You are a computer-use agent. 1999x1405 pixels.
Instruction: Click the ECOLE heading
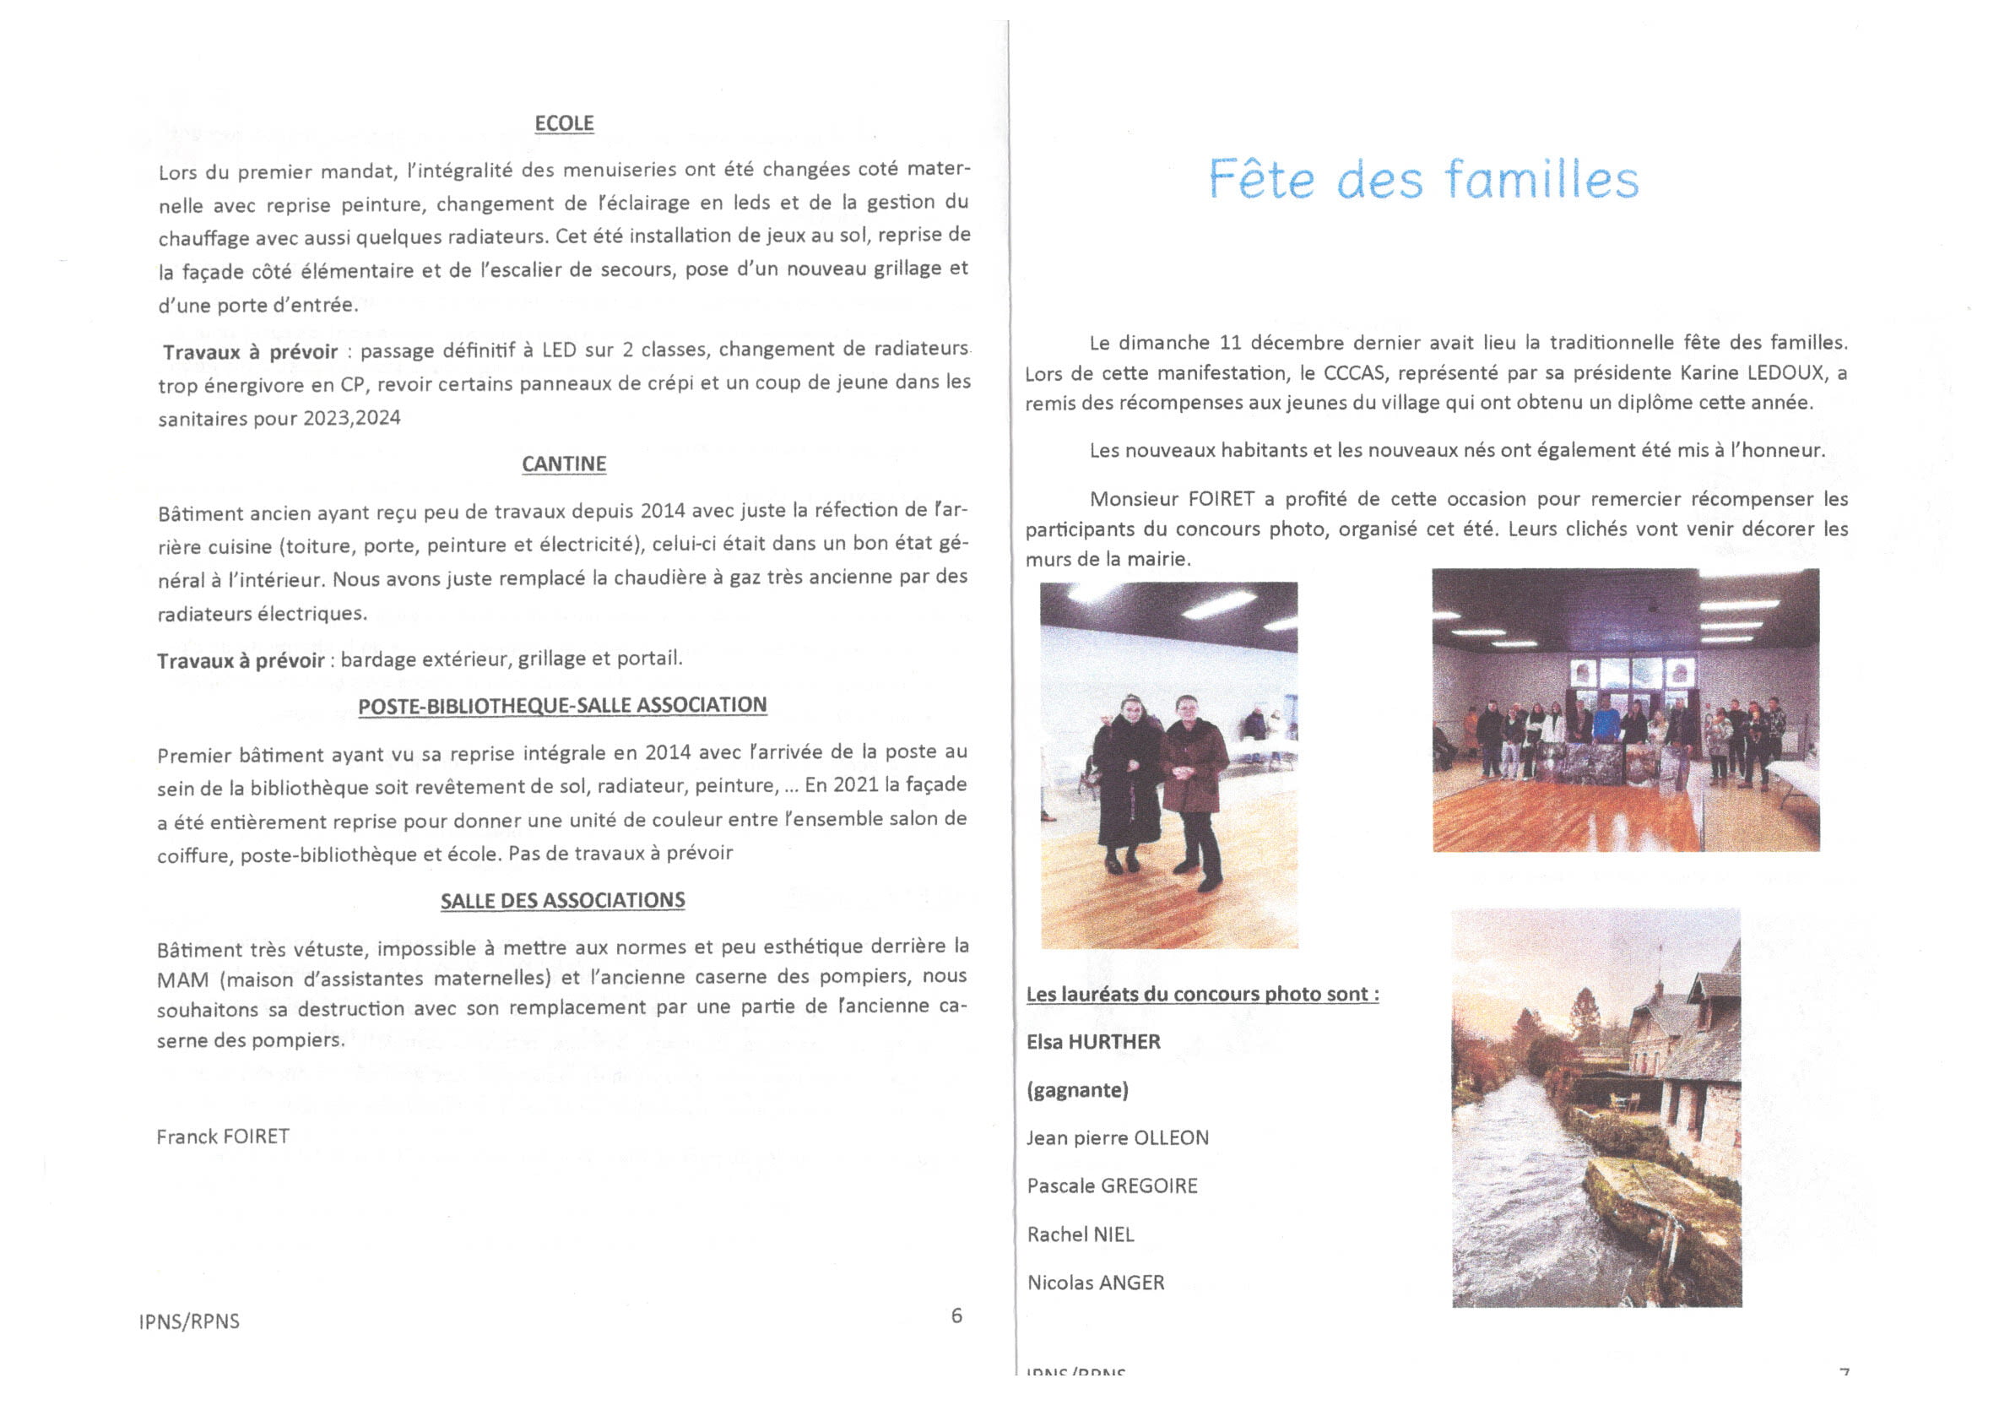point(563,123)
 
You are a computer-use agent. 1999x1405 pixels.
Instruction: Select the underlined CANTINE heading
point(563,464)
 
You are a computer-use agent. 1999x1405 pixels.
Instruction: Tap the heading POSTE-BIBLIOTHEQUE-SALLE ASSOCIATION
point(562,706)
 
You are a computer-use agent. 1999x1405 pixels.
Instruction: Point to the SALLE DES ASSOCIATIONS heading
point(562,901)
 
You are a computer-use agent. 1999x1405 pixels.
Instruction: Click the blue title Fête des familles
point(1422,180)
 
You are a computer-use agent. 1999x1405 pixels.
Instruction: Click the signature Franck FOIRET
point(223,1136)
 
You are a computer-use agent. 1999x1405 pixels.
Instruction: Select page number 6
point(956,1316)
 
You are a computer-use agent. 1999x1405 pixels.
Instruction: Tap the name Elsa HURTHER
point(1092,1043)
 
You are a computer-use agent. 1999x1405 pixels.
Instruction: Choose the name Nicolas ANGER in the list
point(1095,1283)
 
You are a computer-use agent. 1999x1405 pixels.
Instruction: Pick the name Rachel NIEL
point(1081,1235)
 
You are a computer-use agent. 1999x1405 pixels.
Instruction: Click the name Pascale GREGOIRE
point(1112,1186)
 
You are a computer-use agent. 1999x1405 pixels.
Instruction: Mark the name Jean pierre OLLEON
point(1117,1138)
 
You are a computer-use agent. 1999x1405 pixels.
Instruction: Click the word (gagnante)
point(1077,1091)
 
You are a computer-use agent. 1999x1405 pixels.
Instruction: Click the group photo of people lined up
point(1626,711)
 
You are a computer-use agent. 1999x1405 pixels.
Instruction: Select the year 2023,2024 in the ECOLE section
point(352,418)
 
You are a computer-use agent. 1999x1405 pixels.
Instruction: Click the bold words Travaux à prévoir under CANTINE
point(241,661)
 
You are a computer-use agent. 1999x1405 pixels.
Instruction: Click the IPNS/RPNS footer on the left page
point(189,1321)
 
